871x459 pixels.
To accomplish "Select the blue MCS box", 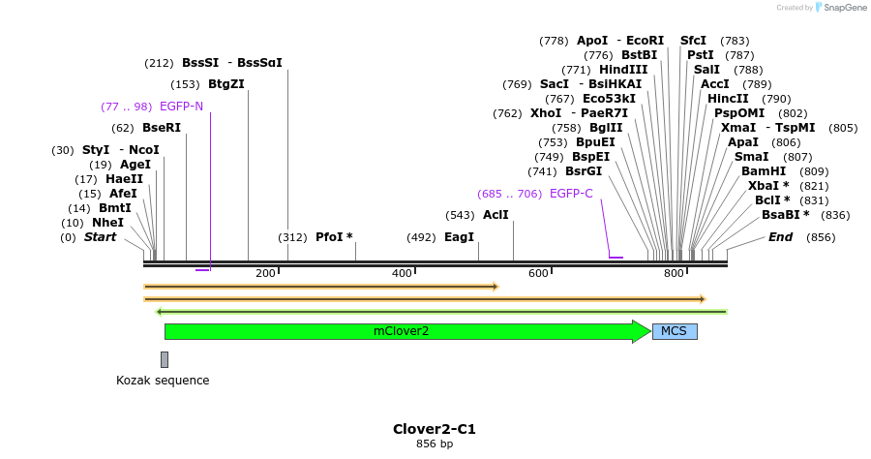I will point(675,331).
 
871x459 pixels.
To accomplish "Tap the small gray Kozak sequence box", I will point(165,359).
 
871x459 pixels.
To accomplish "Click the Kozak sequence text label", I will point(163,381).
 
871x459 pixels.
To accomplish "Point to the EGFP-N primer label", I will point(181,107).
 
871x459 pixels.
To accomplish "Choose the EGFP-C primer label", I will point(571,194).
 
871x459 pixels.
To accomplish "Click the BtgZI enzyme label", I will point(226,84).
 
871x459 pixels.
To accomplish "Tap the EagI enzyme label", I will point(459,237).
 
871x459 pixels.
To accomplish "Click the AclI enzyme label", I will point(496,215).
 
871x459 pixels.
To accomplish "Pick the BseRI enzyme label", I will point(161,128).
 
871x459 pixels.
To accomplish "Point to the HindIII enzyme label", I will point(623,70).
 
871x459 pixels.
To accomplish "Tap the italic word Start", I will point(100,237).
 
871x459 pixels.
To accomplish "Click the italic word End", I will point(780,237).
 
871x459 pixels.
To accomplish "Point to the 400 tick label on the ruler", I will point(403,274).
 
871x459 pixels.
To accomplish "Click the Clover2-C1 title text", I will point(435,429).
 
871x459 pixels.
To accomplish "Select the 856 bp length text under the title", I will point(435,444).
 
